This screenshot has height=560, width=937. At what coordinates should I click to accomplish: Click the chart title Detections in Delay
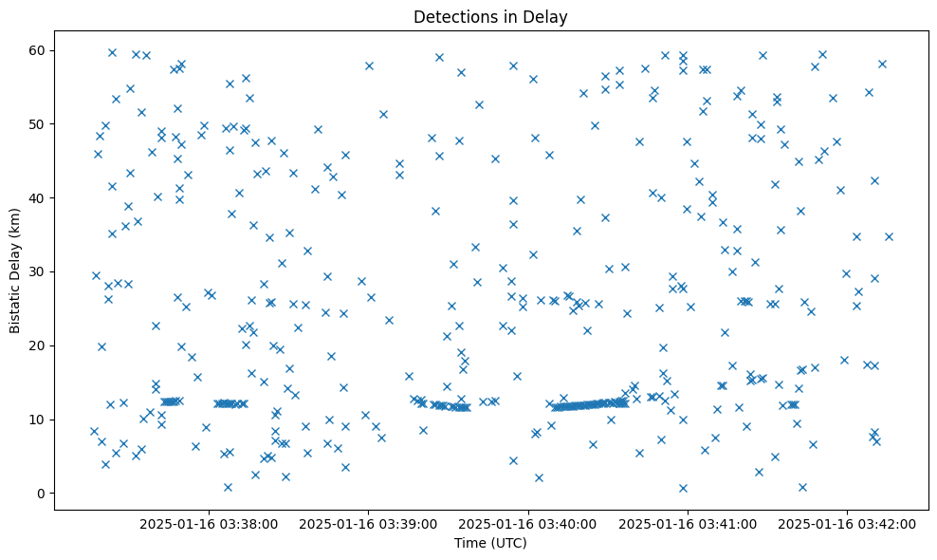click(x=490, y=16)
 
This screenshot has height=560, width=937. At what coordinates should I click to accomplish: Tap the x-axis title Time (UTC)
click(x=490, y=543)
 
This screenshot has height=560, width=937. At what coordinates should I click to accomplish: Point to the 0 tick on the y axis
click(x=40, y=494)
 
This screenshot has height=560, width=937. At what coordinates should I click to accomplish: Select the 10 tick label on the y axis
click(x=36, y=420)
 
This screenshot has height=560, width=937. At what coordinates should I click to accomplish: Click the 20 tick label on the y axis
click(x=36, y=345)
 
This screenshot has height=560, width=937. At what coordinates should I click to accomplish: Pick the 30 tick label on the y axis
click(x=36, y=271)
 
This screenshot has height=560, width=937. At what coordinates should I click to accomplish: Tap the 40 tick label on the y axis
click(x=36, y=197)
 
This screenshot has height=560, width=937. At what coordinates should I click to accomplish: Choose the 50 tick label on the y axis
click(x=36, y=124)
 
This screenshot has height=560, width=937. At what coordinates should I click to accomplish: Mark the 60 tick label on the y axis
click(x=36, y=50)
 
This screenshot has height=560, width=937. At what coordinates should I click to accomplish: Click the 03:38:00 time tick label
click(x=210, y=523)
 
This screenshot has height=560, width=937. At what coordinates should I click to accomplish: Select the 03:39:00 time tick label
click(x=369, y=523)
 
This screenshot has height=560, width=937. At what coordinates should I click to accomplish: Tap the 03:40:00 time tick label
click(x=528, y=523)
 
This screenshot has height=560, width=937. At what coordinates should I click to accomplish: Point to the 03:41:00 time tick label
click(x=688, y=523)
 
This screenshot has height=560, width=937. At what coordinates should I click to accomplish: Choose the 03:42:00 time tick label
click(x=847, y=523)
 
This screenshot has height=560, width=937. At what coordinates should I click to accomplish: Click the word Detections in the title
click(x=451, y=16)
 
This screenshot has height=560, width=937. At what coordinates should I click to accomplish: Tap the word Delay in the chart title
click(x=548, y=16)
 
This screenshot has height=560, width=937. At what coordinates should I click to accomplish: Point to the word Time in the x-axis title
click(x=470, y=543)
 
